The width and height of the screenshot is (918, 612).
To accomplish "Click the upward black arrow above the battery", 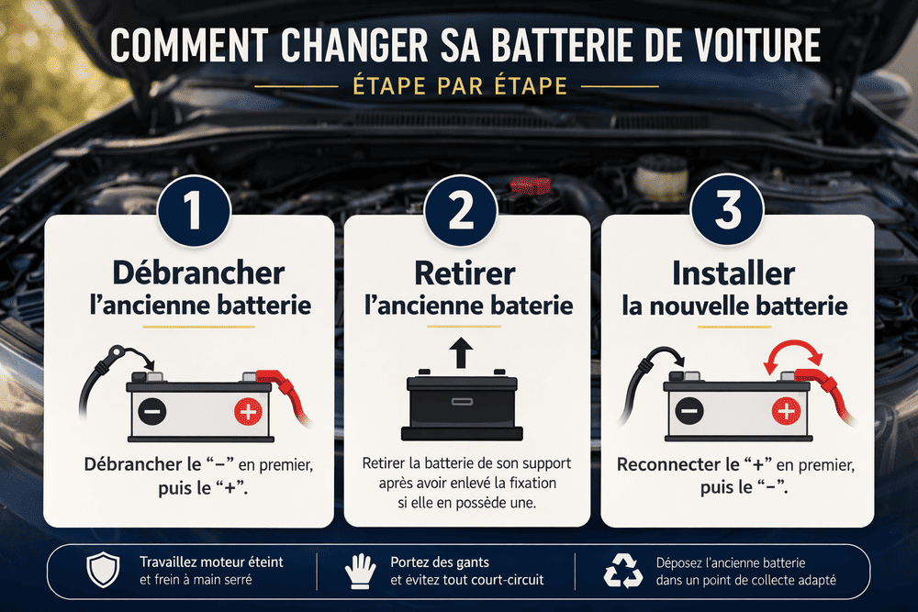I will [x=461, y=351].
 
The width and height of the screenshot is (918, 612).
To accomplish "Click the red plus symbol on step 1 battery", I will [x=248, y=412].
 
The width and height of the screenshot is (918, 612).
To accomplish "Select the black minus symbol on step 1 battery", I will [x=152, y=412].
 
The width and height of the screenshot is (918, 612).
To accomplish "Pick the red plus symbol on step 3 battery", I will [x=785, y=412].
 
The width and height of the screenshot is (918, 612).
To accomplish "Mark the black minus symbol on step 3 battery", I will [x=688, y=412].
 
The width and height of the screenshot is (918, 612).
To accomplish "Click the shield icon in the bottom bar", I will [x=102, y=571].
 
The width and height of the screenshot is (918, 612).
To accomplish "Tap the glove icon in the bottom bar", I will [x=360, y=571].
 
